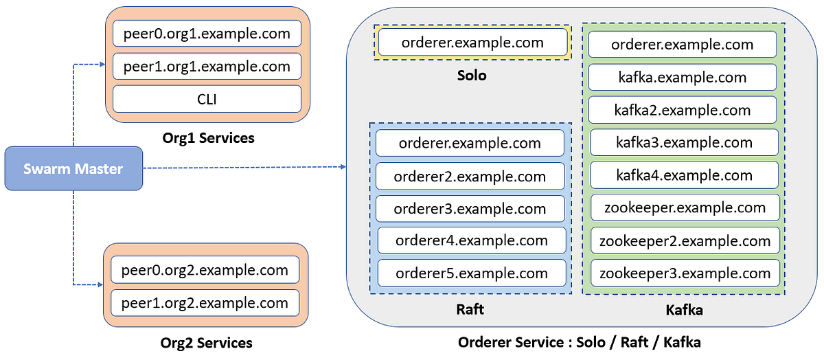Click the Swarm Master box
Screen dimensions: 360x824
click(73, 168)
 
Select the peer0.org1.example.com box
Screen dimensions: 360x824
click(207, 33)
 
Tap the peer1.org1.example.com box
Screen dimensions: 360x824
click(207, 66)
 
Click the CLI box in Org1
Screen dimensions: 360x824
click(207, 99)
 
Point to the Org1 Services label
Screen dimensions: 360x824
click(208, 138)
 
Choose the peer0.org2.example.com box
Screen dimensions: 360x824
click(205, 270)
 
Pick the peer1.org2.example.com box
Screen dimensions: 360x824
click(205, 303)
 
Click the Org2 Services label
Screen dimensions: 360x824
click(206, 342)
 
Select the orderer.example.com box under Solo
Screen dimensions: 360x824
click(472, 43)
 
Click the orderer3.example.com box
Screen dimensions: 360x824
click(470, 208)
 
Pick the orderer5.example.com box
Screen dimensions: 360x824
click(472, 273)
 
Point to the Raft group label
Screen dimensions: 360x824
click(470, 309)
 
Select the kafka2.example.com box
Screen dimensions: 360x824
click(683, 110)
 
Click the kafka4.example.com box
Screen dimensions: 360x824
click(683, 175)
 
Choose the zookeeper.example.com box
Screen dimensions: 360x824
click(684, 207)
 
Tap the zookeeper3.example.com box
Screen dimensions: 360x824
click(684, 273)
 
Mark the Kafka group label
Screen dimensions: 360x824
click(684, 310)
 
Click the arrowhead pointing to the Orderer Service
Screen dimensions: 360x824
click(341, 167)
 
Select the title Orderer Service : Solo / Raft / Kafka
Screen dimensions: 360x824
click(579, 341)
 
